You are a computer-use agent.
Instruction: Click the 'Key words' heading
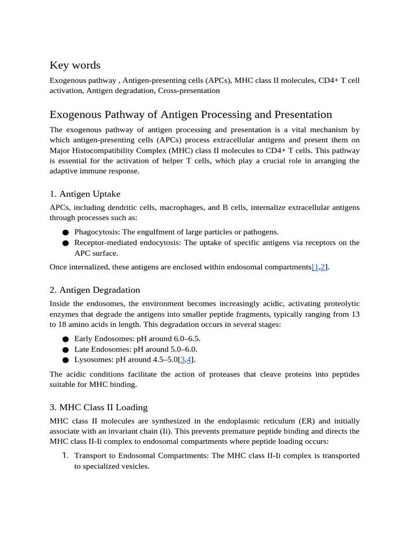(75, 65)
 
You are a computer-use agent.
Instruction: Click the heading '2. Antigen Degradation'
(94, 290)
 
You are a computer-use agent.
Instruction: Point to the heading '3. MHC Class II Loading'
(98, 407)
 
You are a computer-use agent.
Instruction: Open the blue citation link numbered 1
(316, 267)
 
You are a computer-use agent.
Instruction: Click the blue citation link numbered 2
(323, 267)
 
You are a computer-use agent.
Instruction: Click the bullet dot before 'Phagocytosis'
(65, 233)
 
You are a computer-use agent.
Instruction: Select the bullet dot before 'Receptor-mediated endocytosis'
(65, 244)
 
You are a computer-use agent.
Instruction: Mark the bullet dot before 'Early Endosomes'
(65, 340)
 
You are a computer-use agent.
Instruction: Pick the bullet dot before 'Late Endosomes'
(65, 350)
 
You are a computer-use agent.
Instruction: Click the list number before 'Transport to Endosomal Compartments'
(65, 456)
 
